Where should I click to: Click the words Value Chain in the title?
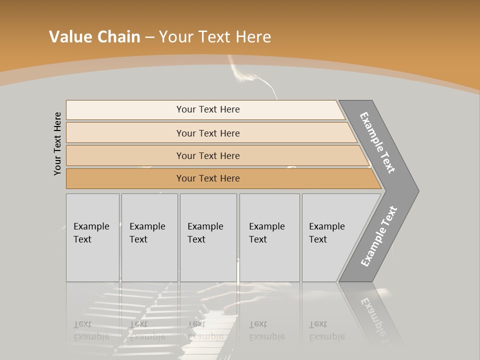(x=94, y=37)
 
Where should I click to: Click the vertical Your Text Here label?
(x=57, y=143)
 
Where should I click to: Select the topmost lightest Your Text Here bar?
(x=207, y=109)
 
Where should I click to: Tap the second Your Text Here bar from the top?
(x=207, y=133)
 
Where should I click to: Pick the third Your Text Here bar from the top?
(x=207, y=155)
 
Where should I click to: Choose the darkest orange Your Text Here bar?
(x=207, y=178)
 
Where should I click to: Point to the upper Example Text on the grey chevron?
(x=377, y=142)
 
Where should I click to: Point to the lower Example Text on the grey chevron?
(x=378, y=236)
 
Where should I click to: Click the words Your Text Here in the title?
(x=215, y=37)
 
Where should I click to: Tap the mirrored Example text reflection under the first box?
(x=91, y=330)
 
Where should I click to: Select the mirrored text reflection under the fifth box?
(x=327, y=330)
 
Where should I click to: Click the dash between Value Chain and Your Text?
(x=149, y=37)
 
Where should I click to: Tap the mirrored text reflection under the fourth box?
(x=267, y=330)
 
